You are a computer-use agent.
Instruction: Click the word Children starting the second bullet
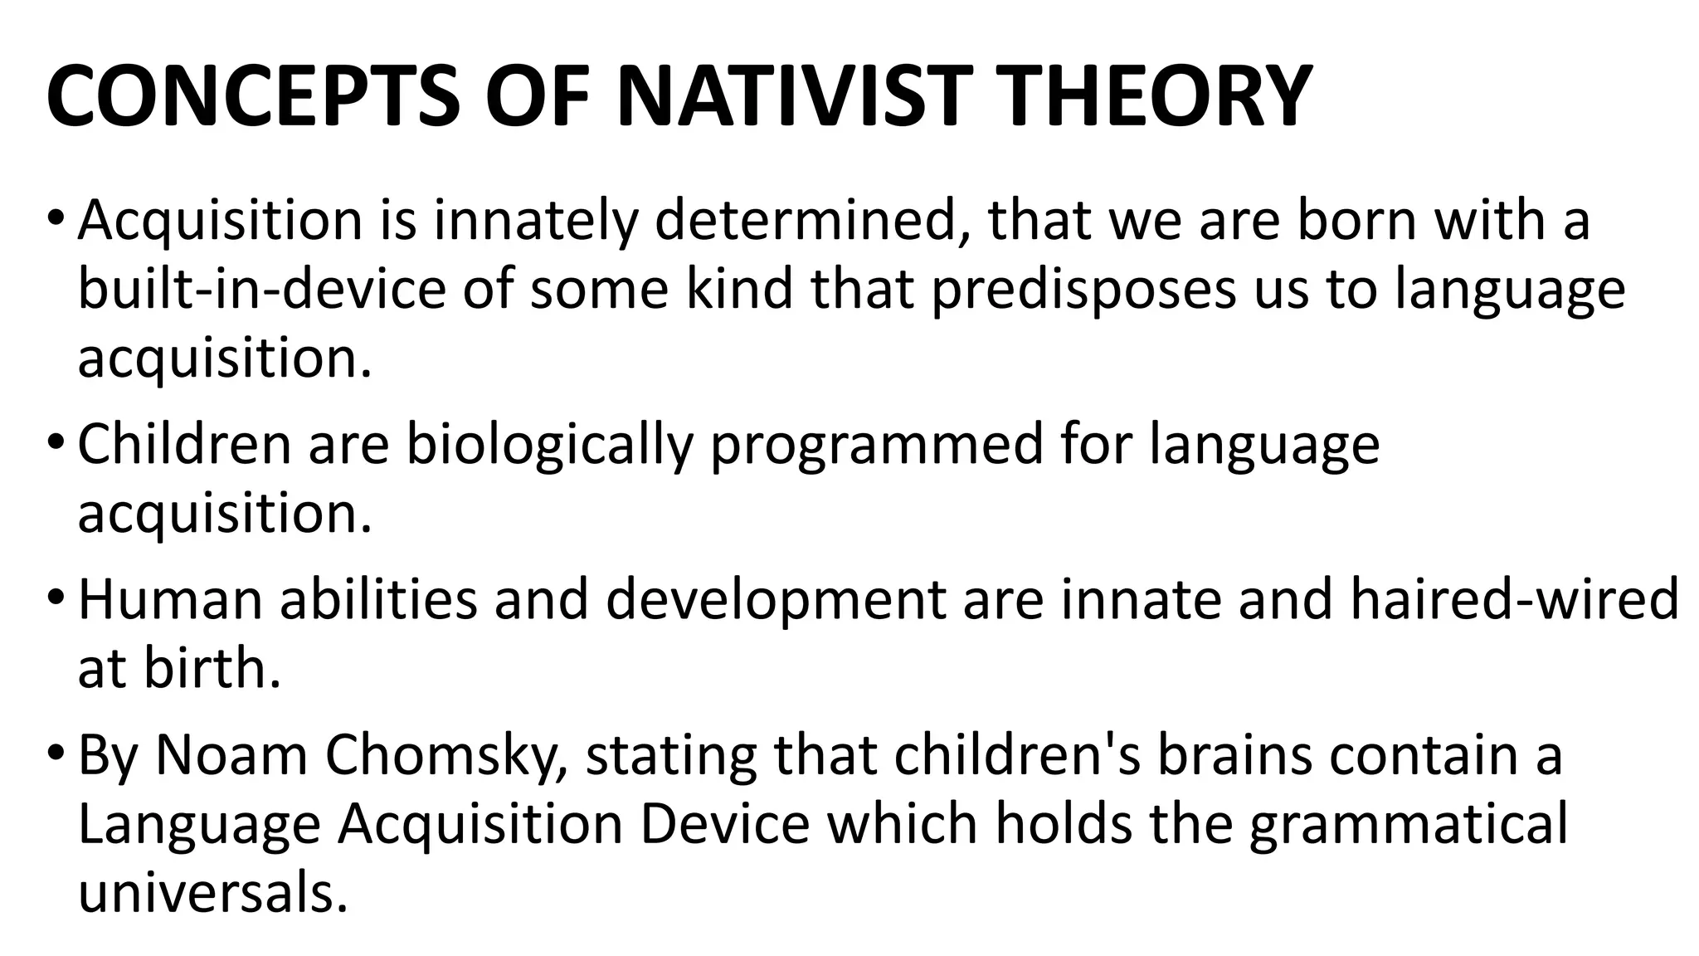(x=184, y=444)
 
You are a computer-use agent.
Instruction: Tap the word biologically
(x=548, y=444)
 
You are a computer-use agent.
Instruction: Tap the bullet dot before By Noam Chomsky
(x=56, y=754)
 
